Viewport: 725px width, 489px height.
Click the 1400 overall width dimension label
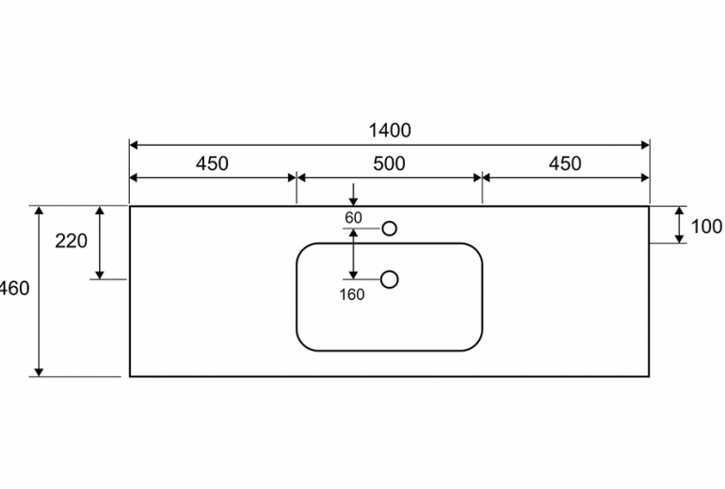[389, 131]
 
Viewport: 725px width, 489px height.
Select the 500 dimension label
[389, 164]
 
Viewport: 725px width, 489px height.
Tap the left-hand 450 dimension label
[212, 164]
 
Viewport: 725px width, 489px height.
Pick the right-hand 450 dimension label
[565, 164]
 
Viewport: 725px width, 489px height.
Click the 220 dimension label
[71, 241]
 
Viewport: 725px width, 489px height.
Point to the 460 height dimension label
[14, 288]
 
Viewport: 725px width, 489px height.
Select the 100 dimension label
[706, 227]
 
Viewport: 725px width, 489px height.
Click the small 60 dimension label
[353, 217]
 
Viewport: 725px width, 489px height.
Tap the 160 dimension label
[352, 294]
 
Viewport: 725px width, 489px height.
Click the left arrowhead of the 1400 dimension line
[134, 145]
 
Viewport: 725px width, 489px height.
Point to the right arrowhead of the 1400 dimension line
[645, 145]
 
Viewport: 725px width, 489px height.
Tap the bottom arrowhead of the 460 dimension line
[39, 371]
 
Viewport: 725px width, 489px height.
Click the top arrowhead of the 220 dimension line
[100, 211]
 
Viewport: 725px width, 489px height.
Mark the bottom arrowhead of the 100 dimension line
[679, 238]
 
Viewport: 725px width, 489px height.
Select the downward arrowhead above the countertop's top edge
[353, 201]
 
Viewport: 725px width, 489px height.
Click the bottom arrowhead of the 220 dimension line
[100, 275]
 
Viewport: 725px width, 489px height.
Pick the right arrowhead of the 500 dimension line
[477, 178]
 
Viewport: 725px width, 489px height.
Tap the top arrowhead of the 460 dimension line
[39, 211]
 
